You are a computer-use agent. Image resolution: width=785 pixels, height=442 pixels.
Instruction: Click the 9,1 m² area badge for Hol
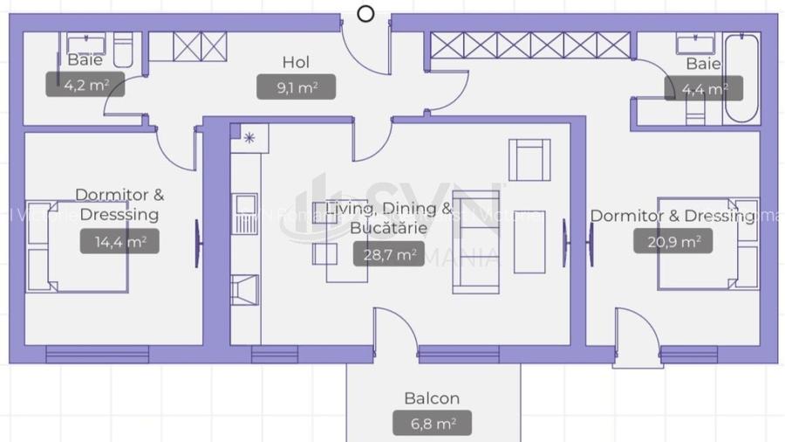coord(297,86)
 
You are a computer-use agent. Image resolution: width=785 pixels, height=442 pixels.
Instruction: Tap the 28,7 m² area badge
coord(388,254)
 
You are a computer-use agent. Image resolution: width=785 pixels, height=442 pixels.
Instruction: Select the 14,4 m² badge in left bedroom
coord(119,242)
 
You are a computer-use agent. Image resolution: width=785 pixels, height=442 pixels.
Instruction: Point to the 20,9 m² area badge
coord(673,241)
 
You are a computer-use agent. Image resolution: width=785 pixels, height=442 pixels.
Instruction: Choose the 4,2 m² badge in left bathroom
coord(84,86)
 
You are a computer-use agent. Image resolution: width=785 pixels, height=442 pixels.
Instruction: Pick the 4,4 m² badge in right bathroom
coord(703,88)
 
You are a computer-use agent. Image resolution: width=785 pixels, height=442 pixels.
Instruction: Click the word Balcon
coord(432,398)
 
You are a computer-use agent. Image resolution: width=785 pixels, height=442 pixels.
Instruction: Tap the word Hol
coord(296,62)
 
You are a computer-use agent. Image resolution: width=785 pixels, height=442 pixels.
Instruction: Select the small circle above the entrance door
coord(366,13)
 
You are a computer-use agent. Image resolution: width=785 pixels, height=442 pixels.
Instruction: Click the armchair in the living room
coord(529,159)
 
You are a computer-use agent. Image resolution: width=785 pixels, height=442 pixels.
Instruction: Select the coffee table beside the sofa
coord(529,241)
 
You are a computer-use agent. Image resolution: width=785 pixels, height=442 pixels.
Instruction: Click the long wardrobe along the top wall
coord(530,45)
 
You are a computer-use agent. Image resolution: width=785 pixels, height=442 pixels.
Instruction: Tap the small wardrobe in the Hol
coord(200,46)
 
